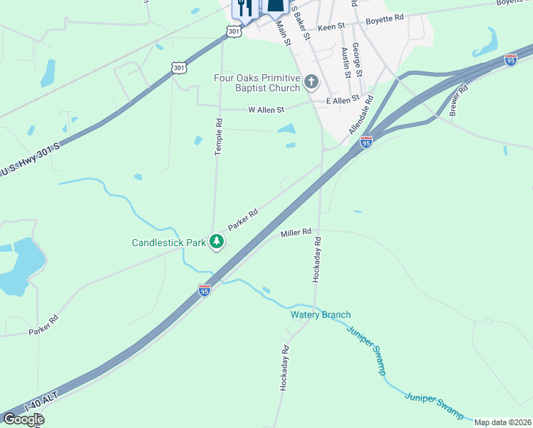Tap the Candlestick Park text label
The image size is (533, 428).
click(169, 243)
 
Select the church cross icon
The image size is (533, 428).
click(311, 83)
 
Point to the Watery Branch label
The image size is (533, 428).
click(320, 315)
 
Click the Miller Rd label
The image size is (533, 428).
click(296, 233)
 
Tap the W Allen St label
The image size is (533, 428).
click(266, 110)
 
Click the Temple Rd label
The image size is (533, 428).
click(219, 137)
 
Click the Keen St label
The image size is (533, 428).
click(331, 26)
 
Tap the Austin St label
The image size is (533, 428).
click(345, 63)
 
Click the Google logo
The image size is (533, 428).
click(23, 419)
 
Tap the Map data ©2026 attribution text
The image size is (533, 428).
click(502, 422)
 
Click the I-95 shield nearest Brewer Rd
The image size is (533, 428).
click(510, 60)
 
